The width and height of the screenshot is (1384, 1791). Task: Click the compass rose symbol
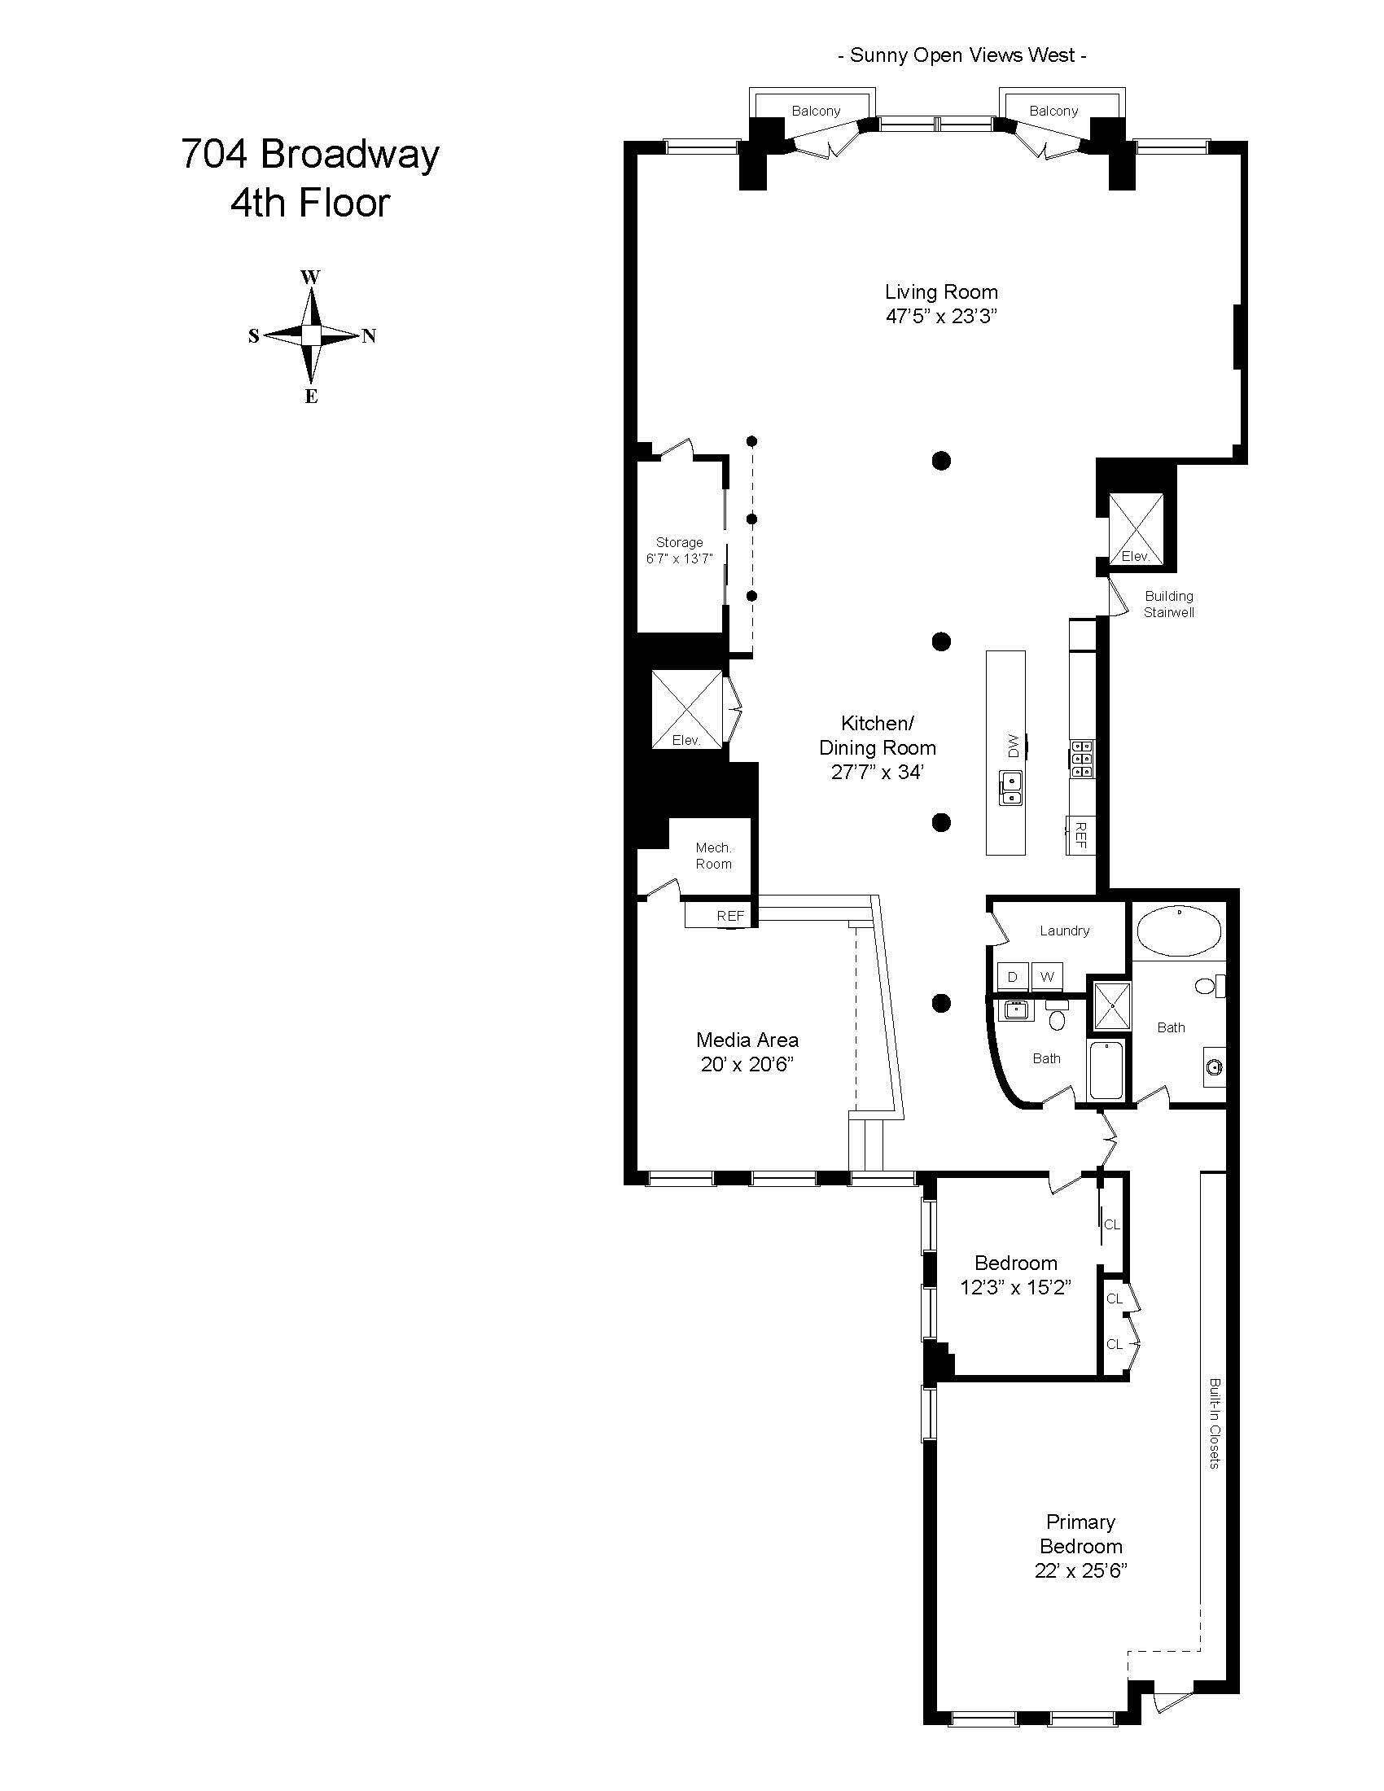[x=311, y=335]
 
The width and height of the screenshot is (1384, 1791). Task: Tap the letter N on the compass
[x=369, y=335]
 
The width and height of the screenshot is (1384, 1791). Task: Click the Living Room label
[x=941, y=292]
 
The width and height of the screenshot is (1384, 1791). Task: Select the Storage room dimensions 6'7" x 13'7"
[x=680, y=558]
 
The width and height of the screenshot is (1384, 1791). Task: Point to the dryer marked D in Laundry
[x=1013, y=977]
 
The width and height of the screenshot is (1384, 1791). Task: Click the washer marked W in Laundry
[x=1047, y=977]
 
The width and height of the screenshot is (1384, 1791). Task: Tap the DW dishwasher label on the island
[x=1013, y=746]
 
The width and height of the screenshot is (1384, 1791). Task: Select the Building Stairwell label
[x=1169, y=604]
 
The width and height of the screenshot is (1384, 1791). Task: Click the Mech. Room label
[x=713, y=856]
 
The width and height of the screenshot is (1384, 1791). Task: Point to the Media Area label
[x=747, y=1040]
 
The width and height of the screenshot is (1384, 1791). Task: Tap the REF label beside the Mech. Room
[x=730, y=916]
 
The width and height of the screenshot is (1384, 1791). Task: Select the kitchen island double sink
[x=1010, y=788]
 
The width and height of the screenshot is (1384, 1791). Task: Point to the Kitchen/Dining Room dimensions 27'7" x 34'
[x=878, y=772]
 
